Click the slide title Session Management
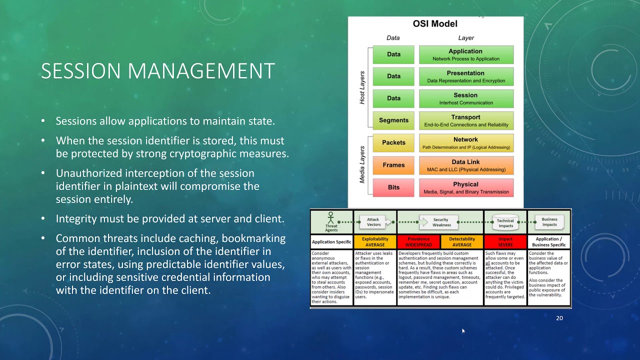click(x=157, y=71)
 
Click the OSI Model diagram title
click(x=435, y=23)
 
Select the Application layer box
click(x=466, y=54)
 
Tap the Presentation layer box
click(x=466, y=76)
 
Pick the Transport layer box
click(x=466, y=120)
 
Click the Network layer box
click(x=466, y=143)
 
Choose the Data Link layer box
click(x=466, y=165)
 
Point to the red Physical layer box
click(x=466, y=187)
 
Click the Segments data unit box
click(x=393, y=120)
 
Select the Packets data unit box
click(x=393, y=142)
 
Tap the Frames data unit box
click(x=393, y=165)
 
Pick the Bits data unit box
click(x=393, y=187)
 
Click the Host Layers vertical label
click(x=362, y=87)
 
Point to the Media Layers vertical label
click(x=362, y=164)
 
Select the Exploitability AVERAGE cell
click(x=375, y=242)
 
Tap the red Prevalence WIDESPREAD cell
click(x=418, y=242)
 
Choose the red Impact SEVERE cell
click(x=505, y=242)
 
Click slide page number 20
click(x=559, y=318)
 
